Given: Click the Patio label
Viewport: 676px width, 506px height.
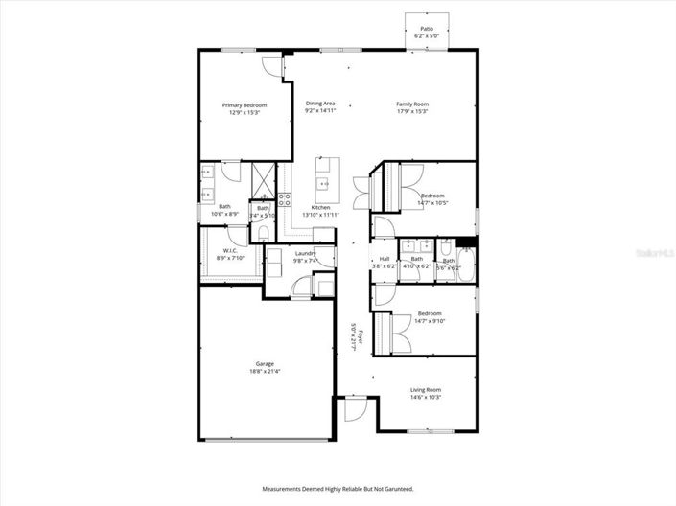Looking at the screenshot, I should click(x=427, y=30).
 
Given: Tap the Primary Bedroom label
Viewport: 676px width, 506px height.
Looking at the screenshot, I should click(x=245, y=104).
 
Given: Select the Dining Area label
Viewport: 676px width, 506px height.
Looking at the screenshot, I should click(x=320, y=103).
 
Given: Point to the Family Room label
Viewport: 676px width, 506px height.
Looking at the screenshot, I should click(x=412, y=103).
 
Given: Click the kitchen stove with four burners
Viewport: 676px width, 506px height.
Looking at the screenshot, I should click(x=285, y=200).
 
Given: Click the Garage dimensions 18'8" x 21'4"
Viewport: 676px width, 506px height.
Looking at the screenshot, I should click(x=266, y=371).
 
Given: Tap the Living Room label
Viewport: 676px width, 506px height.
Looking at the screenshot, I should click(x=425, y=389).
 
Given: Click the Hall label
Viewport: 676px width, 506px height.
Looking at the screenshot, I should click(x=384, y=258).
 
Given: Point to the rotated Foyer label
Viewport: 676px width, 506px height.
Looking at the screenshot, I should click(x=354, y=337).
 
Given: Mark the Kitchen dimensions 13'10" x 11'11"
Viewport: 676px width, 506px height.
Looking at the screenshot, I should click(x=321, y=216).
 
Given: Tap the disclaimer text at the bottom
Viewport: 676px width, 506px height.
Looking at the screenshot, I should click(x=338, y=489).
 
